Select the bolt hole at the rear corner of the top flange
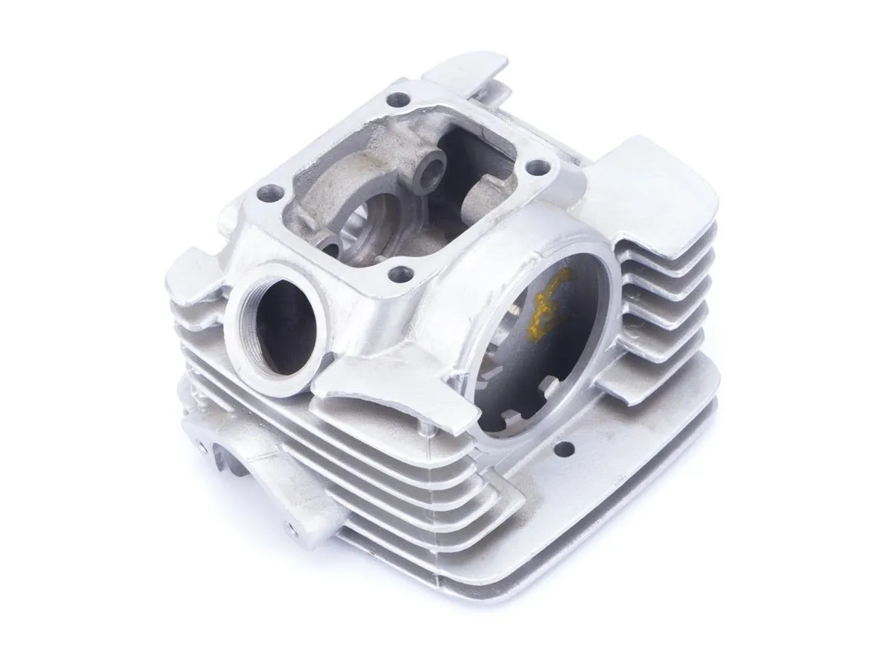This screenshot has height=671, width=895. tap(400, 98)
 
